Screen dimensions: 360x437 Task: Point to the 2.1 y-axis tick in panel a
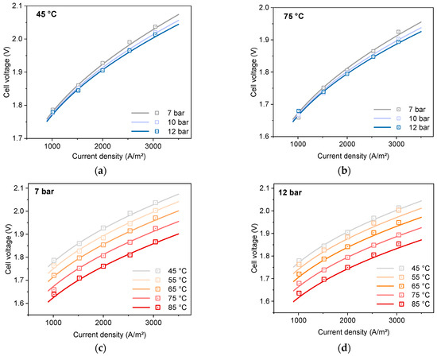24,6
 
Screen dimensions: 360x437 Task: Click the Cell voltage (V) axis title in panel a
8,72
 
